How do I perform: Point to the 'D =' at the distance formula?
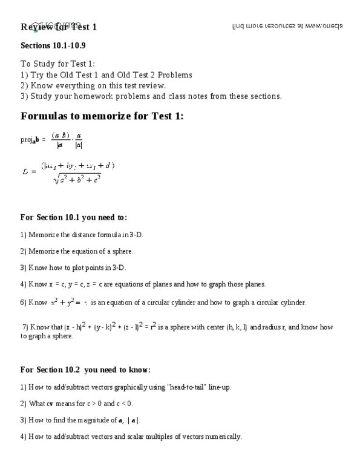pos(30,171)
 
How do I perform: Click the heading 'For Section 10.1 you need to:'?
pos(73,217)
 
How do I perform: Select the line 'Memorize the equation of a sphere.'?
pos(76,251)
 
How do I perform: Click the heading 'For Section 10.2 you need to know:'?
pos(85,370)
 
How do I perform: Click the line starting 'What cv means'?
pos(76,403)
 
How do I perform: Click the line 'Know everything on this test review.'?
pos(85,85)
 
